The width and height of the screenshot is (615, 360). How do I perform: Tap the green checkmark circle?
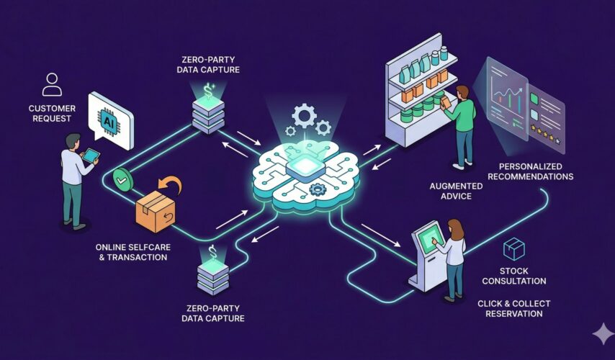click(122, 177)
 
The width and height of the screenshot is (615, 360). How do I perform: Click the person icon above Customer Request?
click(52, 84)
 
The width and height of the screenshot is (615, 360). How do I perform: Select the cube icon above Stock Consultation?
click(513, 249)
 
